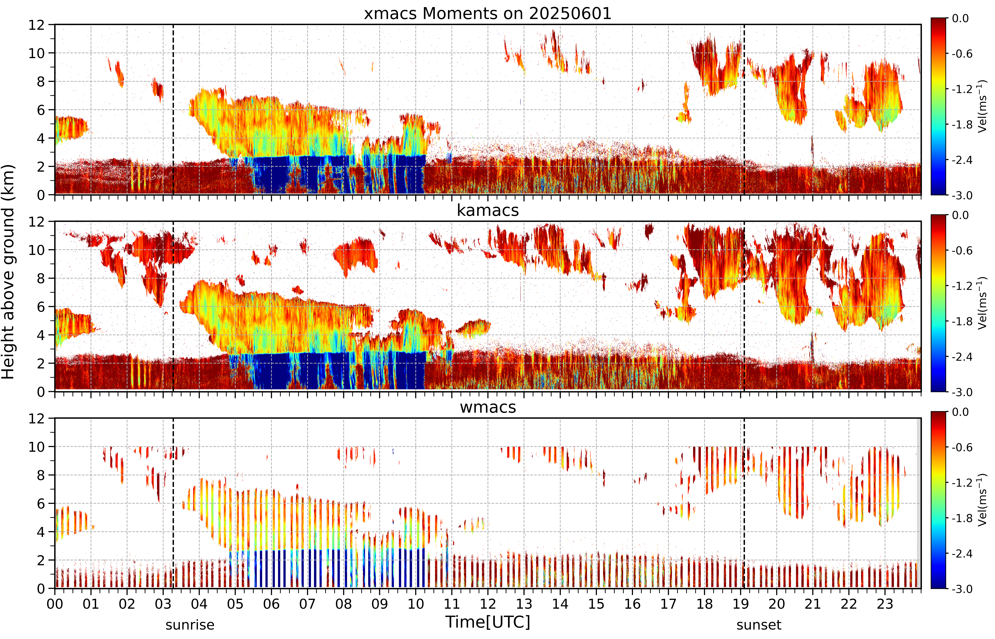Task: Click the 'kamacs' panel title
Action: (488, 210)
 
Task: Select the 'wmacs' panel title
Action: (488, 407)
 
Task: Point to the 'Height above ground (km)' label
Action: (8, 272)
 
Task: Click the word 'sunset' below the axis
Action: (759, 625)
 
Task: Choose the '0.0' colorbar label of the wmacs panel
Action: (960, 412)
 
